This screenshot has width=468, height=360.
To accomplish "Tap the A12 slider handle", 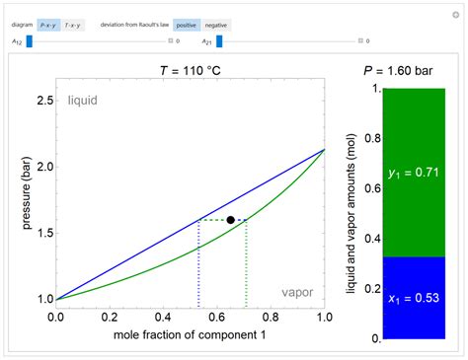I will point(30,41).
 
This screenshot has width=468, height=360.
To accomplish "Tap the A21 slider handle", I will point(219,41).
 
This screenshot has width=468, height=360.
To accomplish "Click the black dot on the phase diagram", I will point(230,220).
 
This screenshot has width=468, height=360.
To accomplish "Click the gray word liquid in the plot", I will point(83,101).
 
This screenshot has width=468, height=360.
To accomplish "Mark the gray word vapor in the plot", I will point(298,292).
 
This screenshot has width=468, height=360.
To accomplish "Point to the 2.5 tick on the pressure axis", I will point(45,101).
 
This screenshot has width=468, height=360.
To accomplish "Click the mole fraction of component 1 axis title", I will point(190,334).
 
